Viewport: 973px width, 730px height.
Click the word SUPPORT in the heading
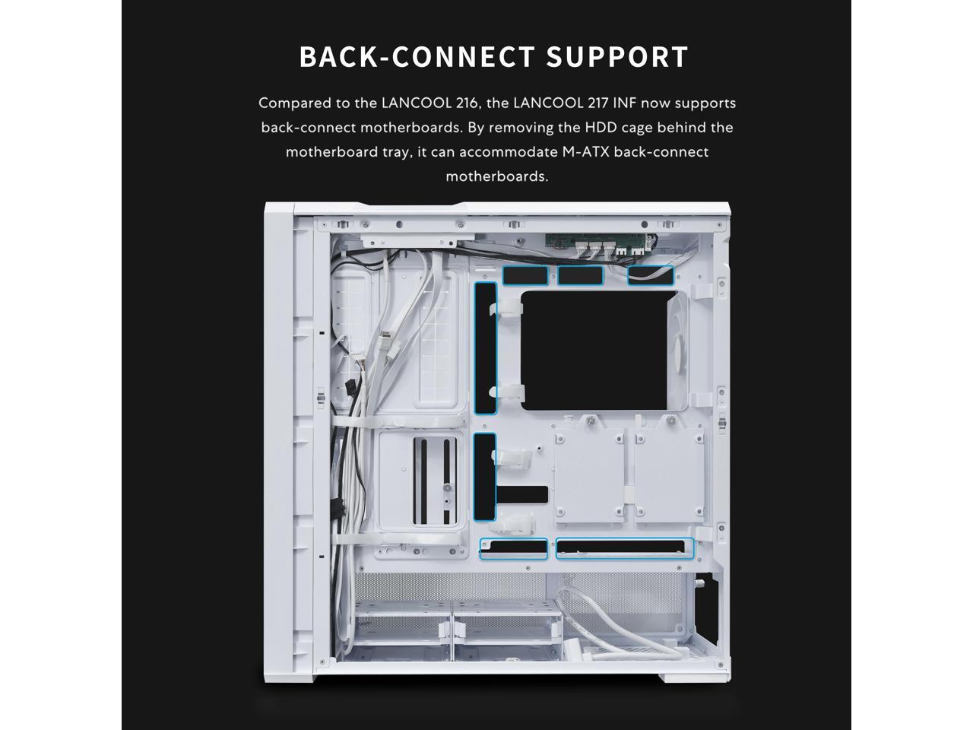pyautogui.click(x=617, y=57)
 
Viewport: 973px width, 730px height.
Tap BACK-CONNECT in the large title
pyautogui.click(x=417, y=57)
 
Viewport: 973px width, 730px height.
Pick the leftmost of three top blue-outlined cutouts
pyautogui.click(x=526, y=275)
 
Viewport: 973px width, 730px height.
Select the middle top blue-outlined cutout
pyautogui.click(x=581, y=275)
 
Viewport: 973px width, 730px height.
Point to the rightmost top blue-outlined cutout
pyautogui.click(x=651, y=275)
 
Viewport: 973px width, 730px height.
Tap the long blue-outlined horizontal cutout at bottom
pyautogui.click(x=625, y=547)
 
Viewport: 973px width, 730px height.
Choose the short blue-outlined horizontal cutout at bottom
pyautogui.click(x=513, y=547)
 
